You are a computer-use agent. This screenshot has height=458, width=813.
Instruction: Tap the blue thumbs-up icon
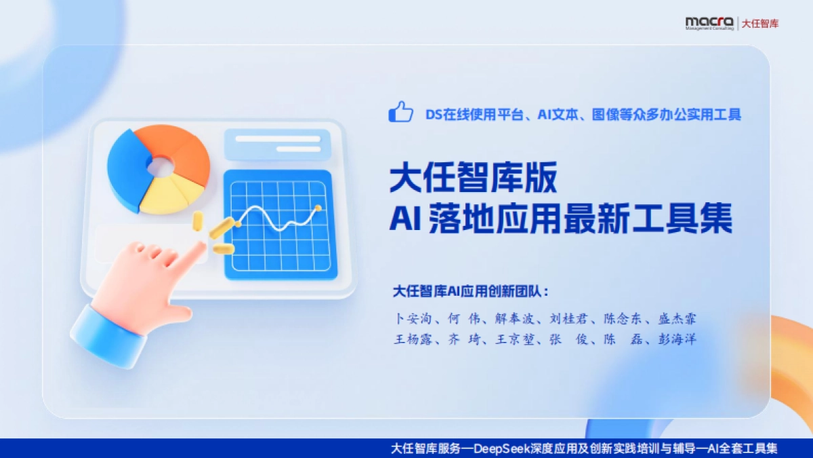click(400, 112)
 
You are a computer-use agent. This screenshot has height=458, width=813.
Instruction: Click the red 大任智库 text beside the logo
click(760, 23)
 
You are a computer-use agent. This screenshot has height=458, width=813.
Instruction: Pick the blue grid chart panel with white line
click(279, 224)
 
